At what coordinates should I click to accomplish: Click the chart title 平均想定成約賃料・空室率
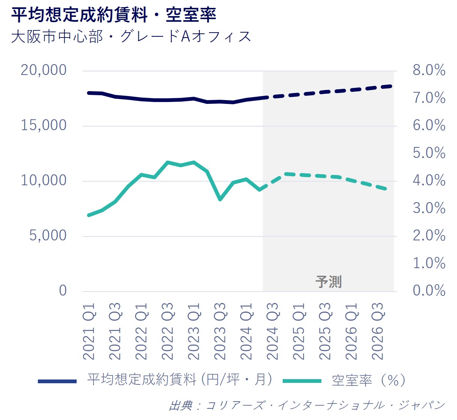coord(114,15)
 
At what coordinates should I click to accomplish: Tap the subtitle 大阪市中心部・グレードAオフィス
coord(131,37)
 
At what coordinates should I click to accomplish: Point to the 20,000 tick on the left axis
coord(43,70)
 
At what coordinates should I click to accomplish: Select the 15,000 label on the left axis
coord(43,125)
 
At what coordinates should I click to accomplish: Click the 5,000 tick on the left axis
coord(48,235)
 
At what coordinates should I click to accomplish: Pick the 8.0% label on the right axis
coord(429,70)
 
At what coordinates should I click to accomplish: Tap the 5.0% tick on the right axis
coord(429,153)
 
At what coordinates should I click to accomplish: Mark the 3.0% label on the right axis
coord(429,208)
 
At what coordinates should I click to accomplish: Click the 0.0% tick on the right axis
coord(429,291)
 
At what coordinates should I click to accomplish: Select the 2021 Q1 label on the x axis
coord(89,331)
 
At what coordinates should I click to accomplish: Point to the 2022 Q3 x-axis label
coord(168,331)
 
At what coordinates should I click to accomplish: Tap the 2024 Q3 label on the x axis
coord(273,331)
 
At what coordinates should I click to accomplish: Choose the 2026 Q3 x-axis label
coord(378,331)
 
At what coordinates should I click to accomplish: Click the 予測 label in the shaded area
coord(328,282)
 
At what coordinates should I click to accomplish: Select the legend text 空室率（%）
coord(369,380)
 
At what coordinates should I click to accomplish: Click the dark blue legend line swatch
coord(57,381)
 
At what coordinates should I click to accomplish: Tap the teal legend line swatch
coord(302,381)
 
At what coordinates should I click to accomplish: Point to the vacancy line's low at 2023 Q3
coord(220,199)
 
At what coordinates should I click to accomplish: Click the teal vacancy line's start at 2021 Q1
coord(89,215)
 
